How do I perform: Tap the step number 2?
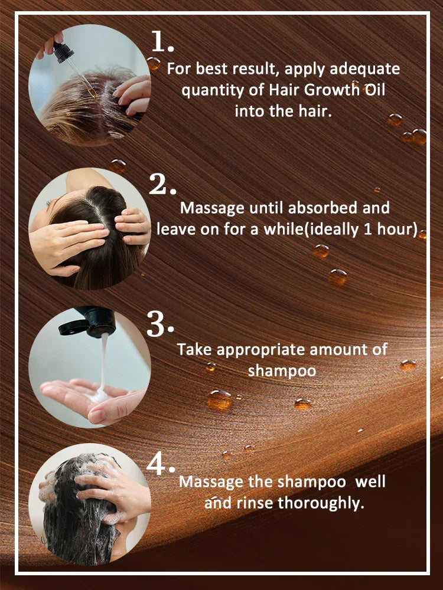pyautogui.click(x=161, y=185)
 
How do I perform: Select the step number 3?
pyautogui.click(x=159, y=324)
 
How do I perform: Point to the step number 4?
pyautogui.click(x=159, y=465)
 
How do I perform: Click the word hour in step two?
pyautogui.click(x=396, y=229)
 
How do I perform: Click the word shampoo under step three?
pyautogui.click(x=282, y=371)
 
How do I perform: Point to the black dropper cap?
pyautogui.click(x=63, y=51)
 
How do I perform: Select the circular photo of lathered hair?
pyautogui.click(x=89, y=504)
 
